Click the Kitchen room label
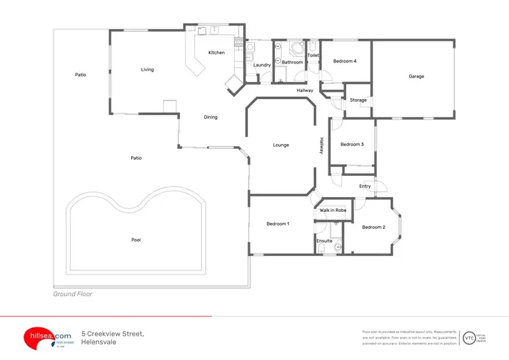216,52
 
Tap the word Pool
136,240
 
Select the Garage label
416,76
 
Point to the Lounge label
281,145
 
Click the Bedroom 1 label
278,223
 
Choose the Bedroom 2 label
373,227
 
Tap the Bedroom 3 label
352,144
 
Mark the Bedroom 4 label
345,61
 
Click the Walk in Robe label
332,211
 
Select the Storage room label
358,100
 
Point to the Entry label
365,186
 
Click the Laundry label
262,65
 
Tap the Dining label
210,117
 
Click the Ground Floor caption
73,294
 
